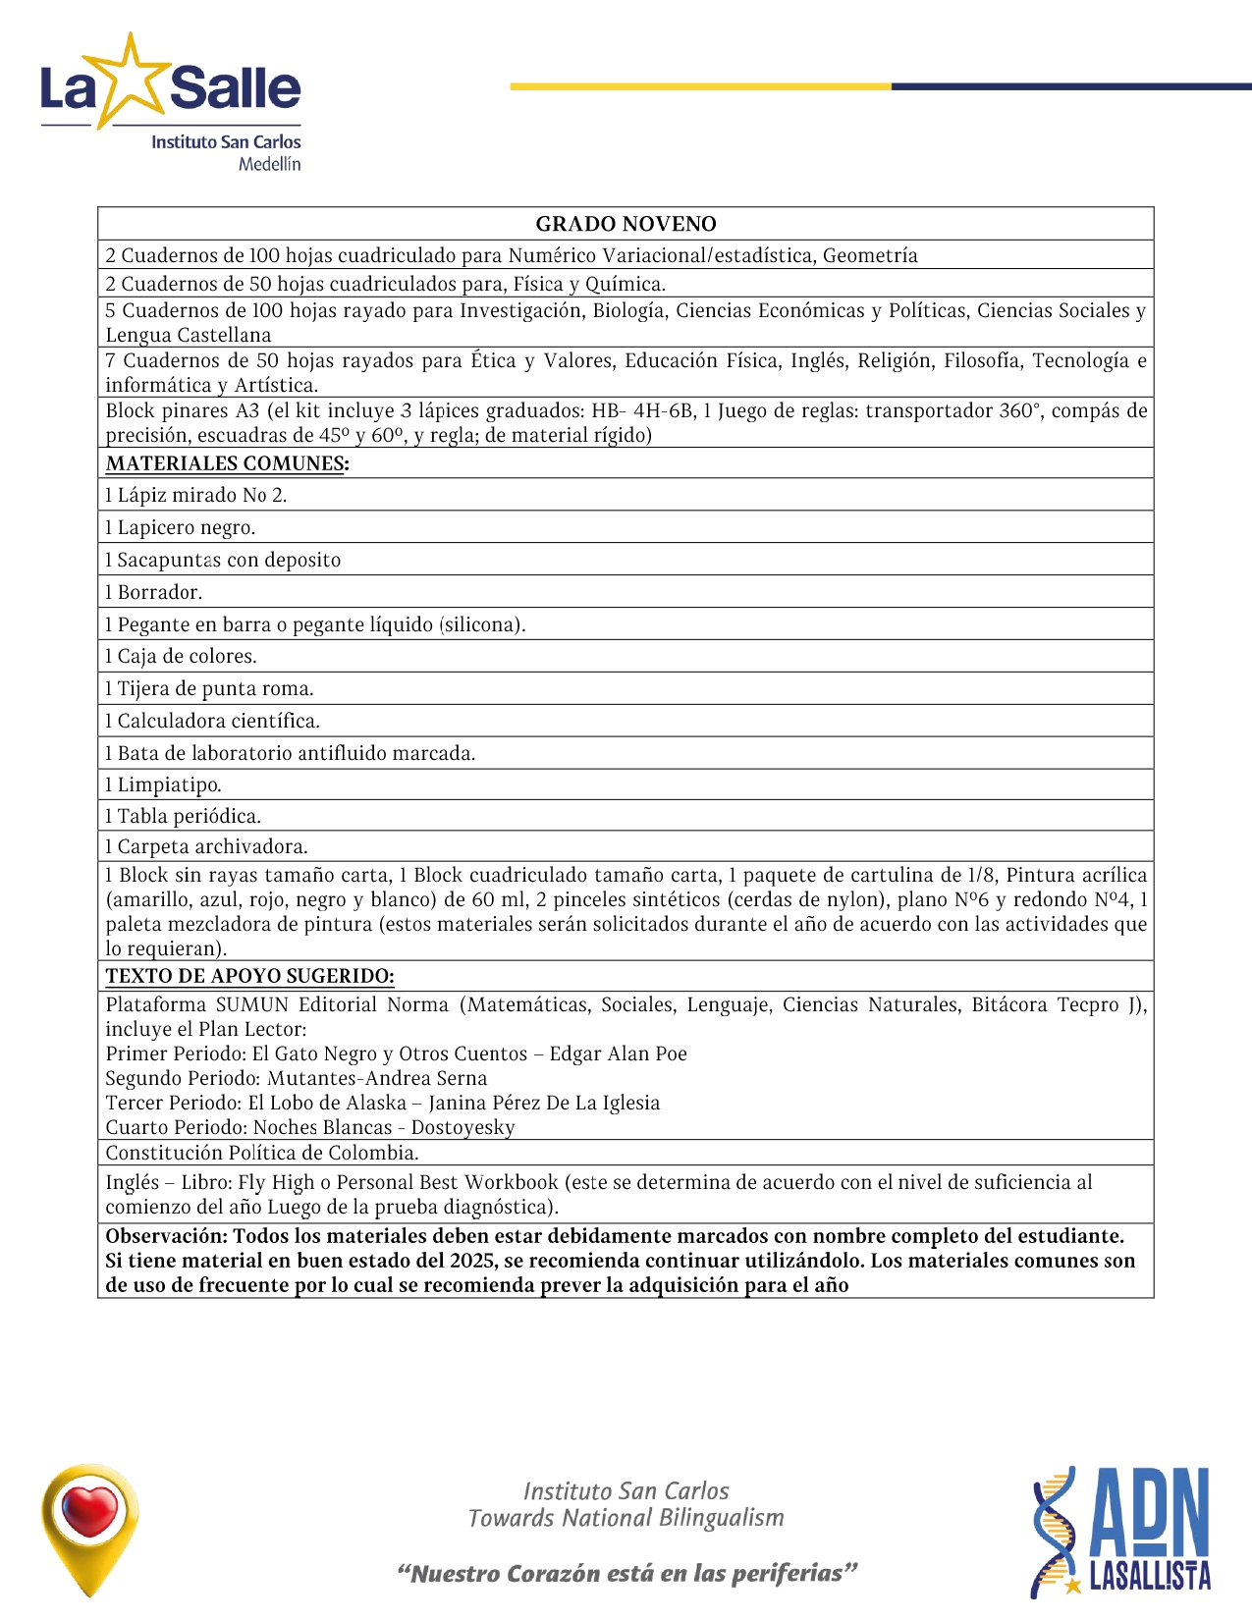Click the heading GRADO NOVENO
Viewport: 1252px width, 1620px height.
pos(626,224)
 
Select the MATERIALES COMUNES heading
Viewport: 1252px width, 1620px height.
pos(227,463)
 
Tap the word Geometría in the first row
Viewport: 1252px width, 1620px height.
pos(870,255)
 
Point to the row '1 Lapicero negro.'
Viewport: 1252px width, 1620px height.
pos(181,527)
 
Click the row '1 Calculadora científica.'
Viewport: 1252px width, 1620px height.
pos(213,721)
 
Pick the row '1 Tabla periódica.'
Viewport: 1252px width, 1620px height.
pos(184,816)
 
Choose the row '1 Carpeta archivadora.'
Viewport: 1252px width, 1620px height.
pos(207,846)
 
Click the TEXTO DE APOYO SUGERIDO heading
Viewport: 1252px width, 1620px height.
pos(249,976)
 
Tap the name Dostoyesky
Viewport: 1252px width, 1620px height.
pos(463,1127)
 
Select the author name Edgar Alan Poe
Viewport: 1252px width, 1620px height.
pos(618,1053)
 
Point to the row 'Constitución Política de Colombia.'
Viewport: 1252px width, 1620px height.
pos(262,1153)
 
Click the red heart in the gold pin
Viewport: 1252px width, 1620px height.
pos(89,1510)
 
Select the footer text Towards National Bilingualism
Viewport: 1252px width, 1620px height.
pos(626,1518)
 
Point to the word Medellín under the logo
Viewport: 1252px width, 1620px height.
pos(269,164)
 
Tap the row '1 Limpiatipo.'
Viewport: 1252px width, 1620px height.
pos(164,784)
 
